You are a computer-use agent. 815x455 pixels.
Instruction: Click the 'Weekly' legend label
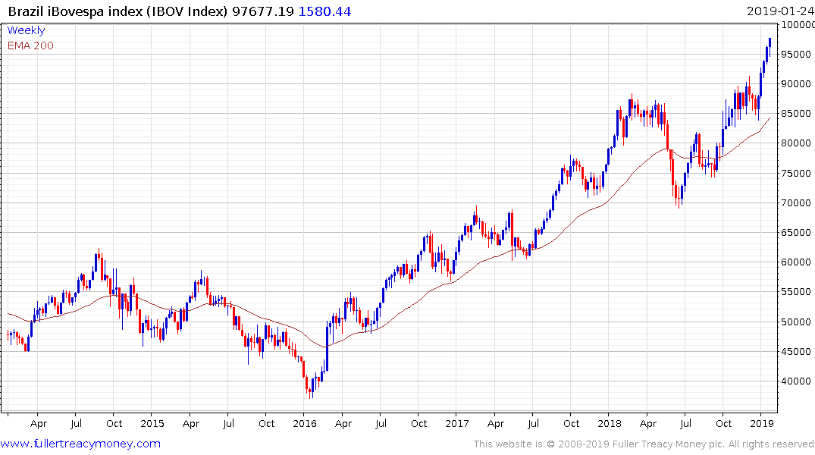26,30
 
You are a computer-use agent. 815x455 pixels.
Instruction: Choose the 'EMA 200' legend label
30,45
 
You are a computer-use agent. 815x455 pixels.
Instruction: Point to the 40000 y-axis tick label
795,381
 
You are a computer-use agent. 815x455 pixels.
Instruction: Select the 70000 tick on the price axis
795,203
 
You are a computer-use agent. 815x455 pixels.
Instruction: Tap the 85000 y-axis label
795,115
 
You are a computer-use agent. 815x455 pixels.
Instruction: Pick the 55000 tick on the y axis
795,293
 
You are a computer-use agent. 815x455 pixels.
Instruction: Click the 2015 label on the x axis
152,424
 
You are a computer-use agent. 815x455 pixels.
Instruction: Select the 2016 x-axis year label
304,424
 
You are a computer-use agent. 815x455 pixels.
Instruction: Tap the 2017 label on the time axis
456,424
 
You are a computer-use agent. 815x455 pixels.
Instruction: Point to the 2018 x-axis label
610,424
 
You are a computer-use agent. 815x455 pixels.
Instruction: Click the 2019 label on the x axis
761,424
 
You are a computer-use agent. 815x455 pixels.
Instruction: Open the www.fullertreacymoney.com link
80,444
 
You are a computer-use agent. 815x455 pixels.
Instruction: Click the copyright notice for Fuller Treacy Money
644,444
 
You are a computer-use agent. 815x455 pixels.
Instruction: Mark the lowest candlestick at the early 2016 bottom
310,390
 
